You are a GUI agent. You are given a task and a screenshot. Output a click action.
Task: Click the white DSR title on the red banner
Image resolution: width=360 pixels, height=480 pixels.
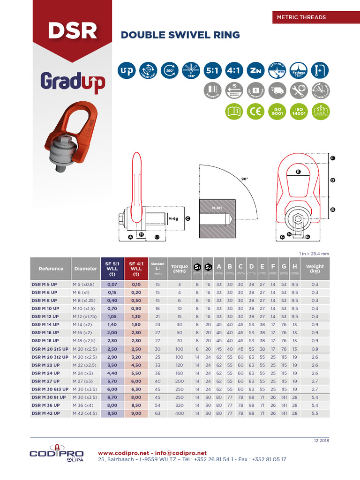click(x=72, y=30)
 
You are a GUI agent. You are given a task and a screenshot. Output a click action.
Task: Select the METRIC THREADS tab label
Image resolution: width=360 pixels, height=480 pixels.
click(x=302, y=17)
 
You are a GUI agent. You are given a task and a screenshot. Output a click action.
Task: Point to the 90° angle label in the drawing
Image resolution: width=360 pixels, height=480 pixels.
click(x=244, y=179)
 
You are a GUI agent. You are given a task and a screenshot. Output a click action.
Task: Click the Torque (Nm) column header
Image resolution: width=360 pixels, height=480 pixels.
click(x=179, y=269)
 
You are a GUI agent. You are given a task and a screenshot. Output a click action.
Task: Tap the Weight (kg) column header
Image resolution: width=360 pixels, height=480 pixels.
click(x=315, y=269)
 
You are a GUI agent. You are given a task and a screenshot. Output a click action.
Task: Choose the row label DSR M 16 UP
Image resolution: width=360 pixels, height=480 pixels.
click(x=45, y=333)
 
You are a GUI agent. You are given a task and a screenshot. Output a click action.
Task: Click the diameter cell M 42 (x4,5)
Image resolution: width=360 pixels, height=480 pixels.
click(x=85, y=414)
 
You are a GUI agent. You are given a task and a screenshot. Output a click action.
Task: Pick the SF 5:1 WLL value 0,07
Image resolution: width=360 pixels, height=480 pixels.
click(x=112, y=284)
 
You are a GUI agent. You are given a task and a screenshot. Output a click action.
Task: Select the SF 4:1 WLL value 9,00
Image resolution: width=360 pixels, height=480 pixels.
click(x=136, y=414)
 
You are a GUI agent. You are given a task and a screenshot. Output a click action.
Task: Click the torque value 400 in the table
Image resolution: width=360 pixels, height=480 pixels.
click(x=179, y=414)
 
